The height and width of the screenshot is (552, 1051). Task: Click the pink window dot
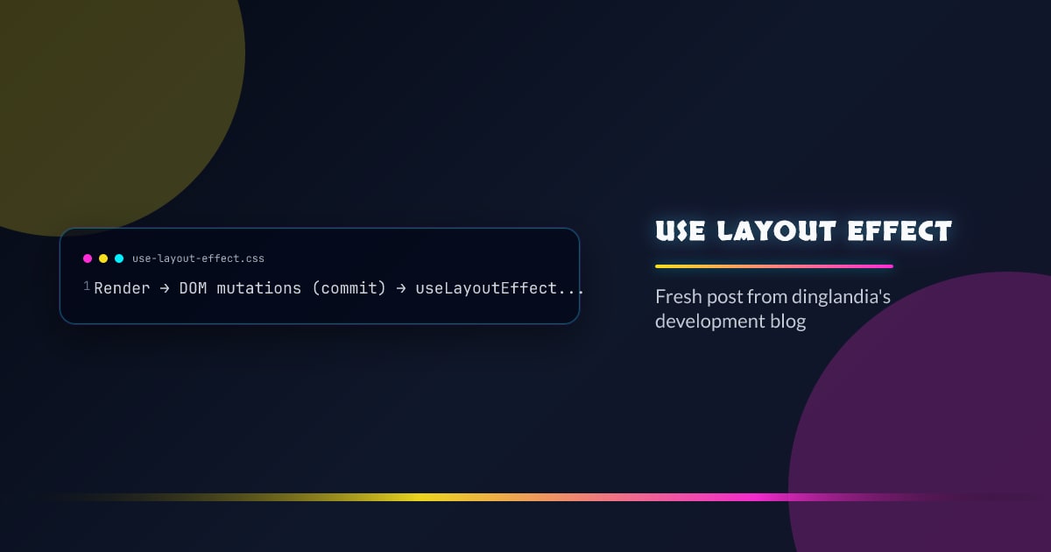click(x=88, y=258)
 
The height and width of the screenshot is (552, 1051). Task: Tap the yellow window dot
click(x=103, y=258)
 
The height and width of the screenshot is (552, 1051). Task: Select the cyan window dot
click(x=119, y=258)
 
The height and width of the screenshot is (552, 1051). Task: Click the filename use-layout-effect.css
click(x=198, y=258)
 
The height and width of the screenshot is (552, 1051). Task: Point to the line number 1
click(x=87, y=286)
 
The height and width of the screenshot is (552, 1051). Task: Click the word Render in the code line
click(x=122, y=288)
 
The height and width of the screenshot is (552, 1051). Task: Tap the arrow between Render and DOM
click(x=165, y=288)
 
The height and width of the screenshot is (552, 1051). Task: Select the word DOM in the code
click(x=193, y=288)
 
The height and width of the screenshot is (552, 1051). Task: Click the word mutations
click(x=259, y=288)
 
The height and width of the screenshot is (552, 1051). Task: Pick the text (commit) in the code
click(x=349, y=288)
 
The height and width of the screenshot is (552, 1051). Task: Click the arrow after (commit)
click(x=401, y=288)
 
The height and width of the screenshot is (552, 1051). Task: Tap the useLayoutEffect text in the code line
click(x=486, y=288)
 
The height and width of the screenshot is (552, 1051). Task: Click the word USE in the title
click(x=680, y=231)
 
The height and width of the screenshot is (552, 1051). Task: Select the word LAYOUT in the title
click(x=776, y=231)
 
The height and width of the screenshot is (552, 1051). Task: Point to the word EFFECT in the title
click(x=900, y=231)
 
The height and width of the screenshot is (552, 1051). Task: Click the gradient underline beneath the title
click(x=774, y=266)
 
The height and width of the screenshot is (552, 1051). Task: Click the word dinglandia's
click(x=842, y=297)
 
